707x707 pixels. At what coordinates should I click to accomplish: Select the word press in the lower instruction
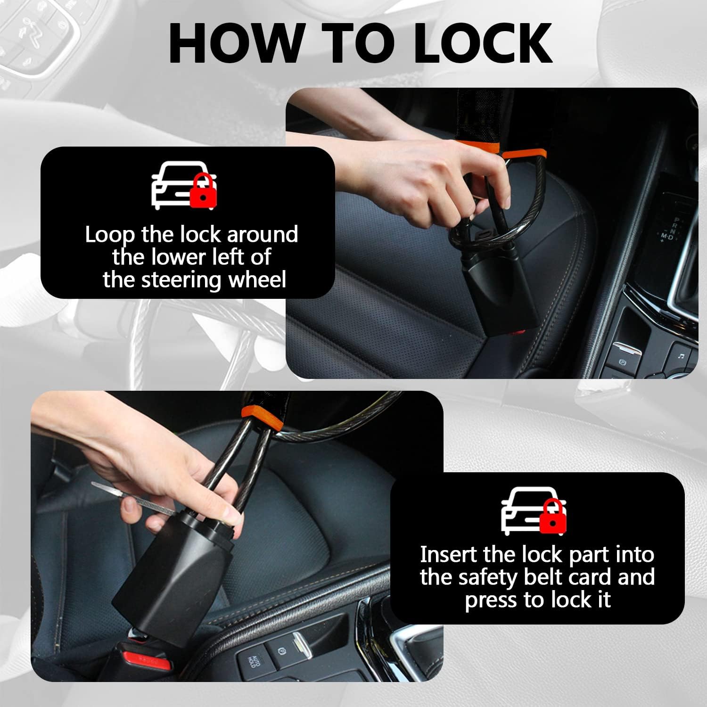point(490,600)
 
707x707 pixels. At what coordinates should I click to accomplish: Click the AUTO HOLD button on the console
point(254,662)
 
